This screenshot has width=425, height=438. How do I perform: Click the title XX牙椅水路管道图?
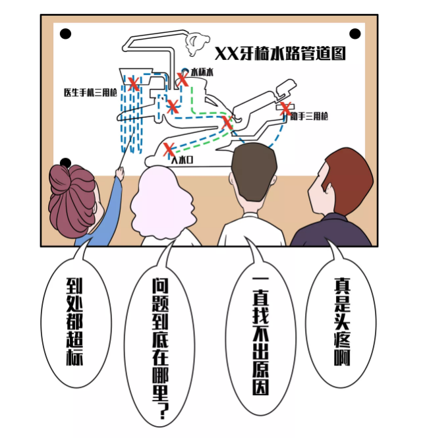coord(280,53)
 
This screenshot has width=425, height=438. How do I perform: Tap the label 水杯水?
coord(202,72)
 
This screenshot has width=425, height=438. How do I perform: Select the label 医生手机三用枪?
coord(90,92)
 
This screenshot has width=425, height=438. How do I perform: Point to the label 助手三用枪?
coord(309,116)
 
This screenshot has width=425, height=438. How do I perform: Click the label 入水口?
coord(182,160)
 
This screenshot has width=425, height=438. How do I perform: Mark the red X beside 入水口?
coord(169,150)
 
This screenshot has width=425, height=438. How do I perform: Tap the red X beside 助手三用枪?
coord(285,109)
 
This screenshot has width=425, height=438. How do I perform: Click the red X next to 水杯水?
coord(183,79)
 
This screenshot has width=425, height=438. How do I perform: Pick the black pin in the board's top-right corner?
coord(355,34)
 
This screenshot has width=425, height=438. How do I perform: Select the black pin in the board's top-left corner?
coord(65,34)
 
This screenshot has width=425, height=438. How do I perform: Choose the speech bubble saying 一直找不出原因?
coord(260,335)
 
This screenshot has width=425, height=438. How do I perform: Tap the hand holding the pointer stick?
coord(119,173)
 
